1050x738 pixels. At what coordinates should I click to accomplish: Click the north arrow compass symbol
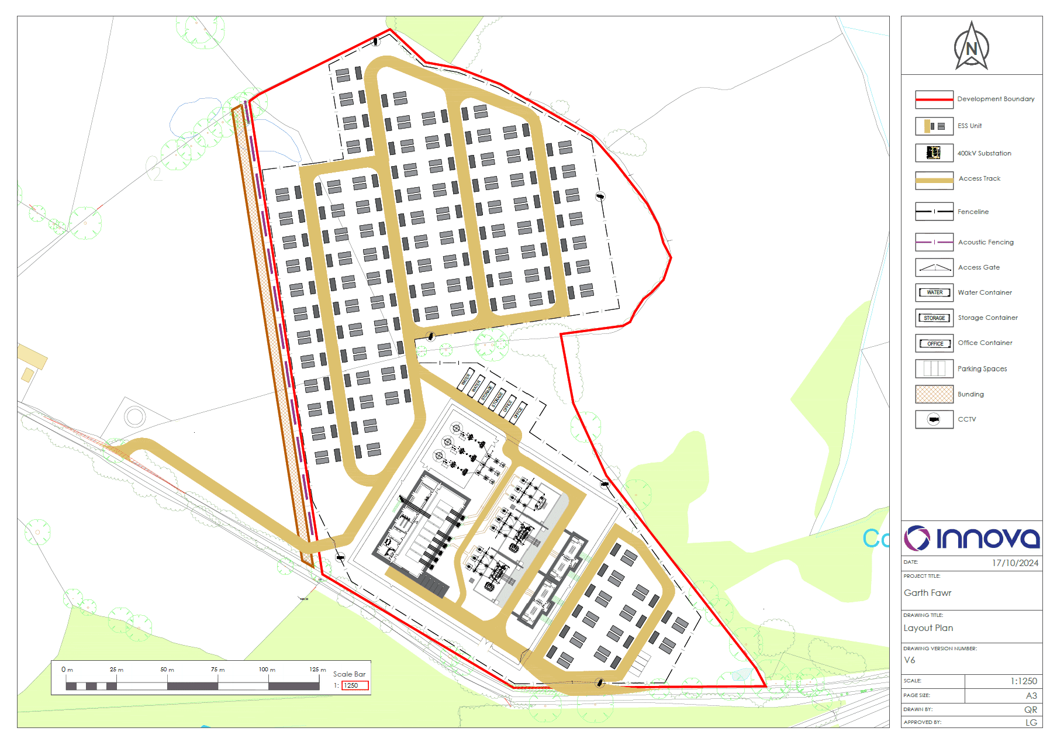pyautogui.click(x=971, y=47)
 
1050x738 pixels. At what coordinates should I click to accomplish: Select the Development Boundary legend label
pyautogui.click(x=996, y=99)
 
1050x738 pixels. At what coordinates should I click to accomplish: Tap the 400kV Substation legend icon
pyautogui.click(x=934, y=153)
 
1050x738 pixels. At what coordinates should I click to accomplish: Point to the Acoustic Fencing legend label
pyautogui.click(x=986, y=242)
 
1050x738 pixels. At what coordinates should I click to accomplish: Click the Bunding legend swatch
pyautogui.click(x=934, y=394)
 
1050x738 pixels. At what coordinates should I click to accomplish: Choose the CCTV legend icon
pyautogui.click(x=934, y=419)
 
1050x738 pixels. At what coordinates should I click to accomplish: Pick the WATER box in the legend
pyautogui.click(x=934, y=292)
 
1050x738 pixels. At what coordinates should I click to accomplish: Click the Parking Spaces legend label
pyautogui.click(x=982, y=369)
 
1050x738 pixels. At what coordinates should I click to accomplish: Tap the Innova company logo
pyautogui.click(x=972, y=538)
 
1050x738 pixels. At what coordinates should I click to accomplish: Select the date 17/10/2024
pyautogui.click(x=1015, y=563)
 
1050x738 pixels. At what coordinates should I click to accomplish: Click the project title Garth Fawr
pyautogui.click(x=927, y=593)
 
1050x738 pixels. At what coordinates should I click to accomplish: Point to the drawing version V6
pyautogui.click(x=910, y=660)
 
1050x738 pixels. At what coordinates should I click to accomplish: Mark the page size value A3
pyautogui.click(x=1031, y=696)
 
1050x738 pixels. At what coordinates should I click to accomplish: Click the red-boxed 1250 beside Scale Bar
pyautogui.click(x=355, y=685)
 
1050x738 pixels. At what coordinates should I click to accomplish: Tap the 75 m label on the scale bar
pyautogui.click(x=218, y=670)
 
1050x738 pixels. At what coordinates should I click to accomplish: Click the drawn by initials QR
pyautogui.click(x=1031, y=710)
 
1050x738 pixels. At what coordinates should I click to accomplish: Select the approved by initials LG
pyautogui.click(x=1031, y=723)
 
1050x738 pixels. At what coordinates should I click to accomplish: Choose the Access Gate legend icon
pyautogui.click(x=934, y=268)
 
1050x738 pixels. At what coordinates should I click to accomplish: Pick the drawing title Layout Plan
pyautogui.click(x=928, y=628)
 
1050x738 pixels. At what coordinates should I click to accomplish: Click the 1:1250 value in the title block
pyautogui.click(x=1024, y=681)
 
